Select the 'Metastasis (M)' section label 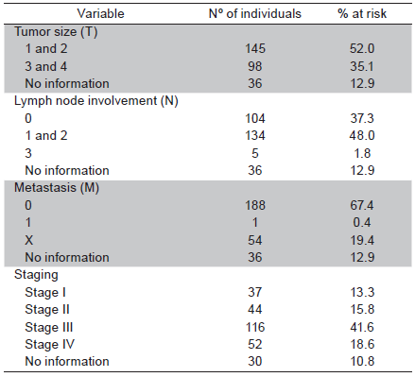[56, 187]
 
